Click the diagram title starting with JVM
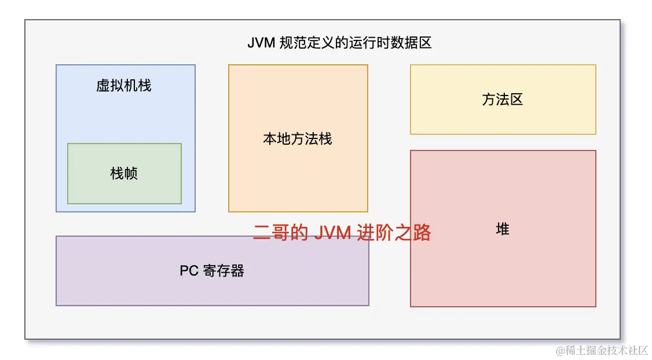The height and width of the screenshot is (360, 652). (x=339, y=43)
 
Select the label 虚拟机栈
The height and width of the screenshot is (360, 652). (x=124, y=86)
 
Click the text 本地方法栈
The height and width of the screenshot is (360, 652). (x=298, y=139)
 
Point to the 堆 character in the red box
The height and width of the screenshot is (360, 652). (x=503, y=229)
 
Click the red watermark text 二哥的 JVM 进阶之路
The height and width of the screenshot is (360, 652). (x=342, y=233)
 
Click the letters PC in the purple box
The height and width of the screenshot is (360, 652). (x=189, y=271)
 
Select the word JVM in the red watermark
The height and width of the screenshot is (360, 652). (x=332, y=233)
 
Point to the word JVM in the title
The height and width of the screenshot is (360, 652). (x=261, y=43)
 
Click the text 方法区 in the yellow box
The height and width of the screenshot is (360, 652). (x=503, y=100)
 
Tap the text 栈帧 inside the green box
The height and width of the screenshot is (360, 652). (x=124, y=173)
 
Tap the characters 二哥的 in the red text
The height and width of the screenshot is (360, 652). (x=280, y=233)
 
